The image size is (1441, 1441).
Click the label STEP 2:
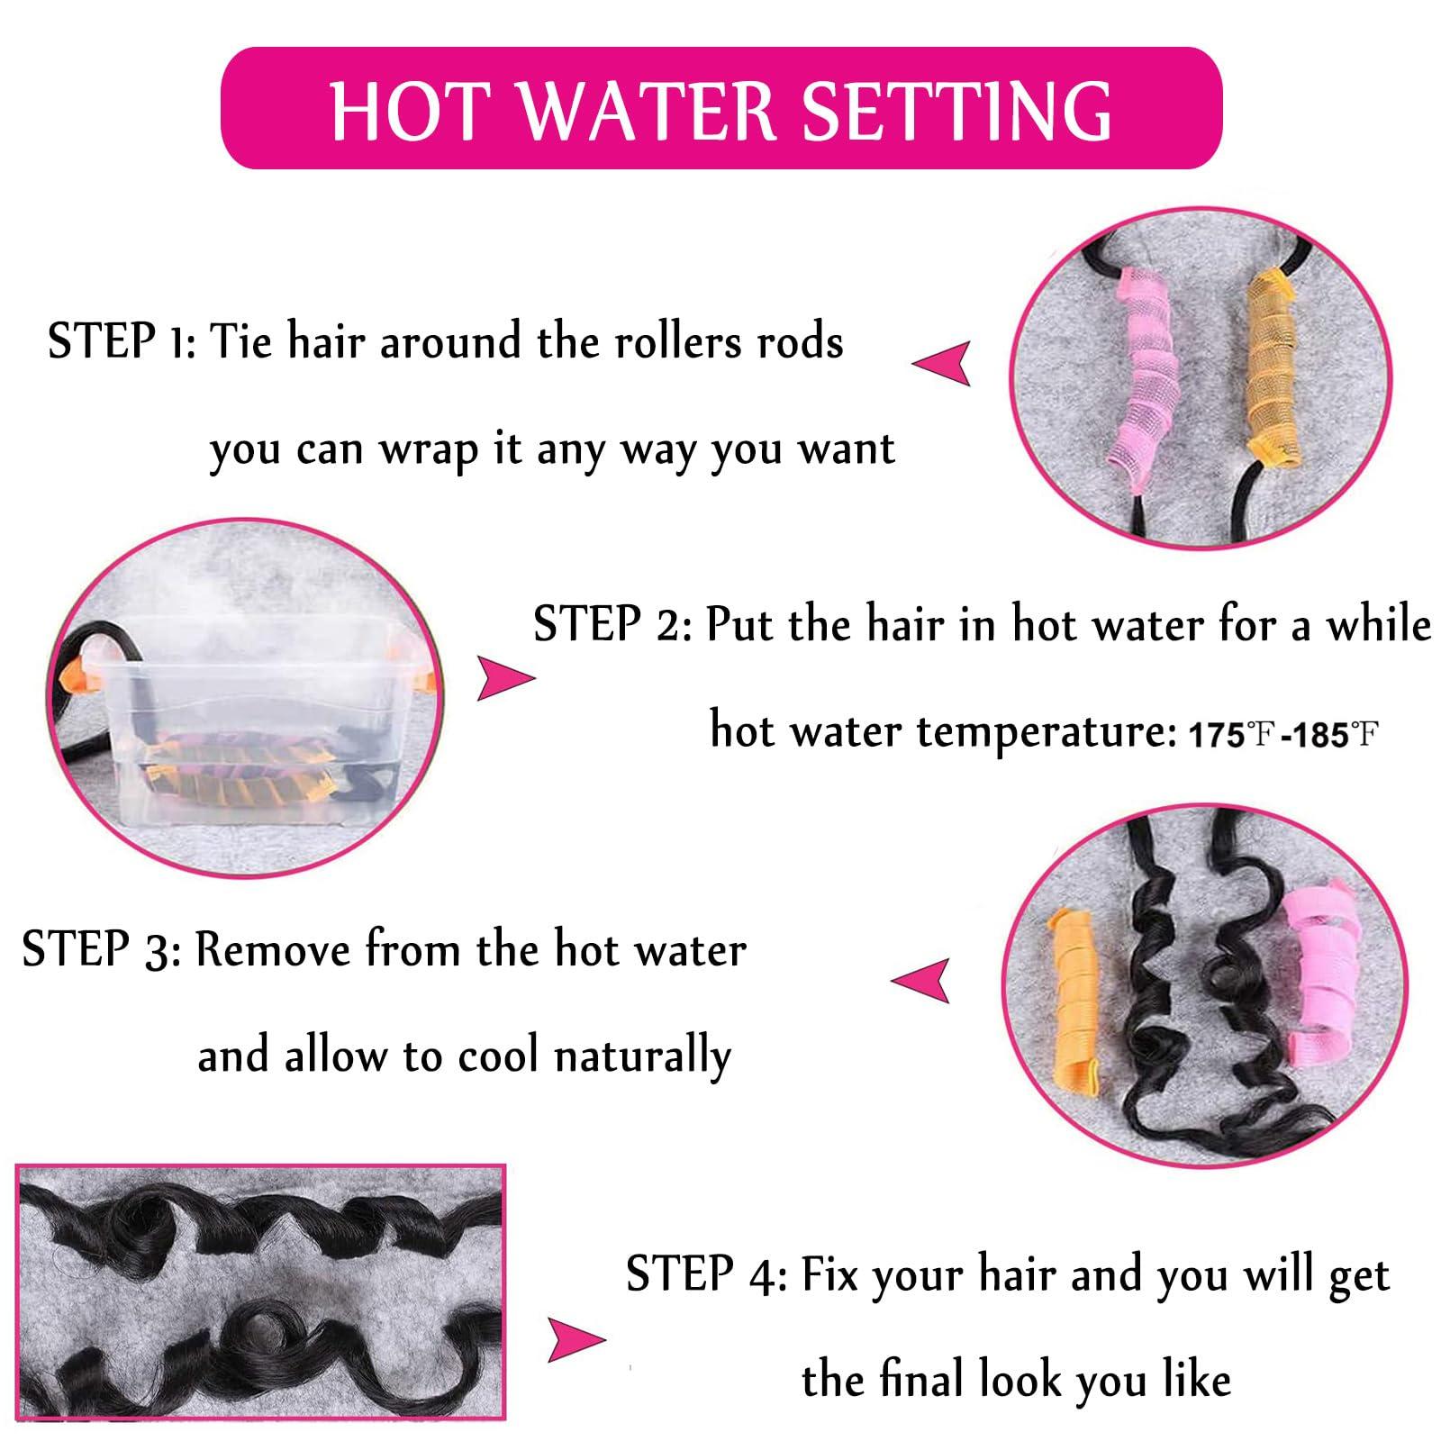click(612, 624)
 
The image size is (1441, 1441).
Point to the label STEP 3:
click(102, 950)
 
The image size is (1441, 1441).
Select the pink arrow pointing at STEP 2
click(505, 678)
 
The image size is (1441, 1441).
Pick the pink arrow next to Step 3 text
click(920, 980)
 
